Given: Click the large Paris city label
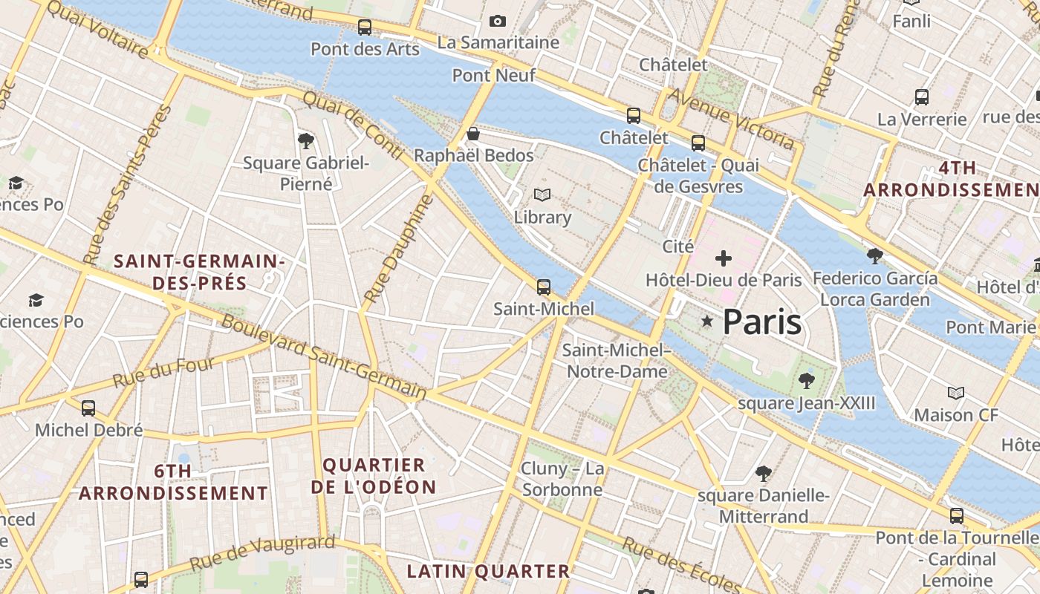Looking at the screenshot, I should [761, 322].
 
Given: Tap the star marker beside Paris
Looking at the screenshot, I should [707, 322].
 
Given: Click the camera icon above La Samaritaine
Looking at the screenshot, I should [498, 22].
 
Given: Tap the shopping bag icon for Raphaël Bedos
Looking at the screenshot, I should [472, 134].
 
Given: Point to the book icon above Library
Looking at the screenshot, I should [542, 195].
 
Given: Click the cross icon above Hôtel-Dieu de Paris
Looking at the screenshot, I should [723, 258].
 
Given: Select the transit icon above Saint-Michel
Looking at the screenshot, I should [544, 287].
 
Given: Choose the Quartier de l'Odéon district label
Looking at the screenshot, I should [374, 476].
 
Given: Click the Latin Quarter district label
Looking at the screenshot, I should [488, 571].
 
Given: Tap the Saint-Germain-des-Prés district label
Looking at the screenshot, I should [199, 272].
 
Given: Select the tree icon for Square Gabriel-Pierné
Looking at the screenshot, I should [305, 140].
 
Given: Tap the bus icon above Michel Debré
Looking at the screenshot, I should [88, 408].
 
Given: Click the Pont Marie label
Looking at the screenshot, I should [990, 327].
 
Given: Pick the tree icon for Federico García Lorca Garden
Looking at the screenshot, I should [875, 256].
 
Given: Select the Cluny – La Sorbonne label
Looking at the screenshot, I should [562, 479].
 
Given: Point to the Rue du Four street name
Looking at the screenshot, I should [163, 372].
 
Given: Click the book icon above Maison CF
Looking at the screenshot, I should [956, 393].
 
